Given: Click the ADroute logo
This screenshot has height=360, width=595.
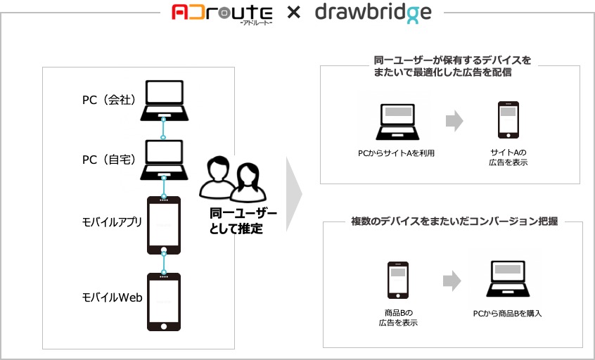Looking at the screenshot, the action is [222, 15].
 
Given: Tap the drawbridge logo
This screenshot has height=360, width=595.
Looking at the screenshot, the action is [373, 13].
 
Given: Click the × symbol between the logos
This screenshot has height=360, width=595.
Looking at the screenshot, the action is [294, 13].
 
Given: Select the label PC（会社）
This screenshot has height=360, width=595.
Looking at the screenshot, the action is [109, 100].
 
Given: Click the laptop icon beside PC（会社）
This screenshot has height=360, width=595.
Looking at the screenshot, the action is [165, 101].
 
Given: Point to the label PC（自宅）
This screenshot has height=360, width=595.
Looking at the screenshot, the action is [109, 160].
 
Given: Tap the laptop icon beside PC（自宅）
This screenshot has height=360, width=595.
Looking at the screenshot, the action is [165, 160].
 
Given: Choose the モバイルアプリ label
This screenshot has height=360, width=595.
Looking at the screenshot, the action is [112, 222].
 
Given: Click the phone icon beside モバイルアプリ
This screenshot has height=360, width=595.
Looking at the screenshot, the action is [164, 225].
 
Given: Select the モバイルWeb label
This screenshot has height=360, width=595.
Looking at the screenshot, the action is [113, 297].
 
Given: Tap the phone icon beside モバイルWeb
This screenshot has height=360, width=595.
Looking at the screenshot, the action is [164, 302].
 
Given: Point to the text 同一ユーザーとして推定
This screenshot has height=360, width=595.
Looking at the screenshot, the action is [243, 221].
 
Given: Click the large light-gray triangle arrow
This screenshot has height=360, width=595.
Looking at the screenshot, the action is [294, 194].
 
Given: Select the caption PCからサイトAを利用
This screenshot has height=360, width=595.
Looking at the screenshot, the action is [396, 153].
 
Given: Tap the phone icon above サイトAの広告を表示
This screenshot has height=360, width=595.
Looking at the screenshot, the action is [508, 120].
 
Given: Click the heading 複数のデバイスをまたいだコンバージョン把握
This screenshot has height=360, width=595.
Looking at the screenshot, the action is [454, 221].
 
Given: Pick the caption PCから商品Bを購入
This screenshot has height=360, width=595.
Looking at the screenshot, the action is [507, 314].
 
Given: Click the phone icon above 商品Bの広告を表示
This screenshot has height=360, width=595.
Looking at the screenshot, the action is [398, 281].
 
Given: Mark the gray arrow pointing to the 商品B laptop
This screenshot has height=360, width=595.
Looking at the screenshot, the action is [452, 281].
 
